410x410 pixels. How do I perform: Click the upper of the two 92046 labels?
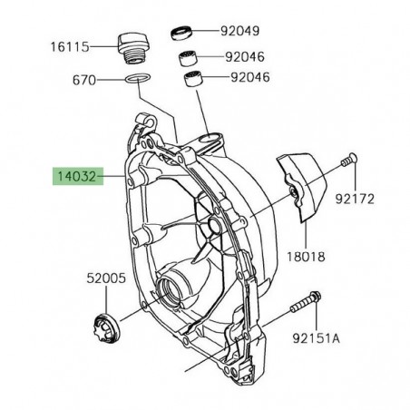pyautogui.click(x=241, y=56)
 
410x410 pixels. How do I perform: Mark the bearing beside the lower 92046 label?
pyautogui.click(x=193, y=80)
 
